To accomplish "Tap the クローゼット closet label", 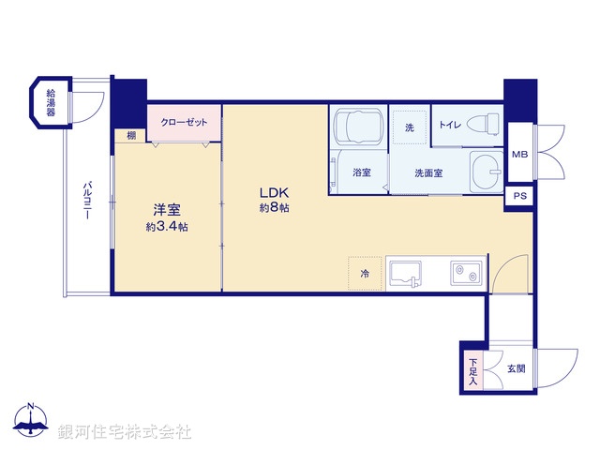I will (184, 122).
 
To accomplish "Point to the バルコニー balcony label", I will (86, 199).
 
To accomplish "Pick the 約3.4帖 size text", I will (166, 227).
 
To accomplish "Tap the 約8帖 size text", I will (274, 208).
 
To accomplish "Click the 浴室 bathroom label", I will (362, 173).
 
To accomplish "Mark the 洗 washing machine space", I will (410, 127).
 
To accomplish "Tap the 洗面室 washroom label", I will (429, 173).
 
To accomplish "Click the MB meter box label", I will (519, 155).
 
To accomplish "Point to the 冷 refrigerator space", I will (365, 274).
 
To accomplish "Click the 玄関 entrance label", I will (517, 368).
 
